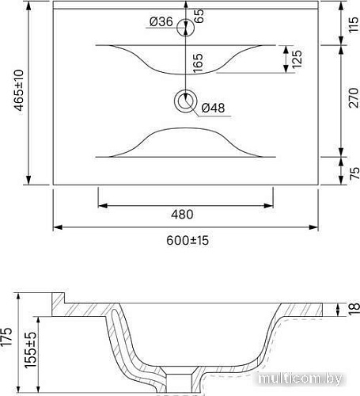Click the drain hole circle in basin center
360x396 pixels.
tap(187, 101)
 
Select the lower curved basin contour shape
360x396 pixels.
tap(186, 143)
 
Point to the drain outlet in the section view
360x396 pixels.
tap(184, 380)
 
